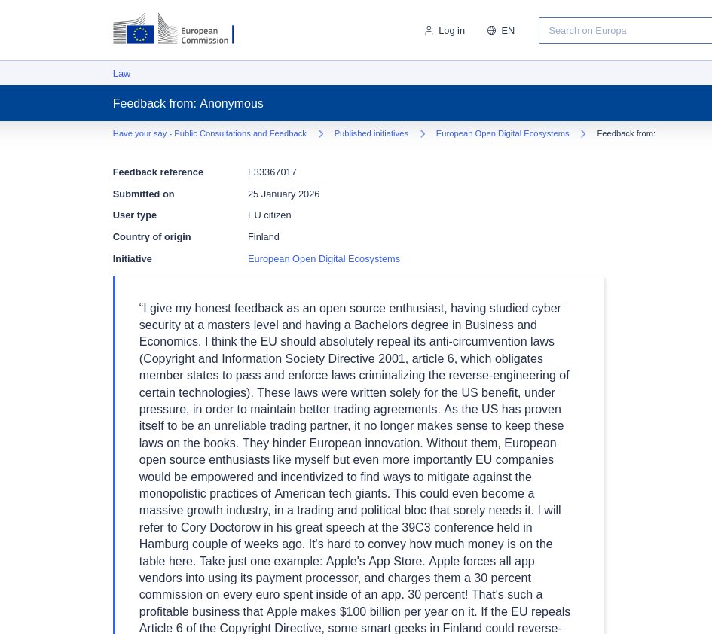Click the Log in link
451,31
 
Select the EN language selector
508,31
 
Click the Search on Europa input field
625,31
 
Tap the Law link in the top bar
121,74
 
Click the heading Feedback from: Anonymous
188,104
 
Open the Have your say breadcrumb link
209,133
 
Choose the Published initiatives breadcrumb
371,133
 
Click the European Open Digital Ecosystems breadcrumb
503,133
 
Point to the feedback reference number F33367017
272,172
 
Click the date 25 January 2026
283,194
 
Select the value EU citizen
269,215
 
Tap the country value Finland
264,237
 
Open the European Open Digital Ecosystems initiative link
324,259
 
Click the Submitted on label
143,194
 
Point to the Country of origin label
151,237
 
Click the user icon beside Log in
429,31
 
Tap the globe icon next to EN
491,31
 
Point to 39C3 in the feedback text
418,527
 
